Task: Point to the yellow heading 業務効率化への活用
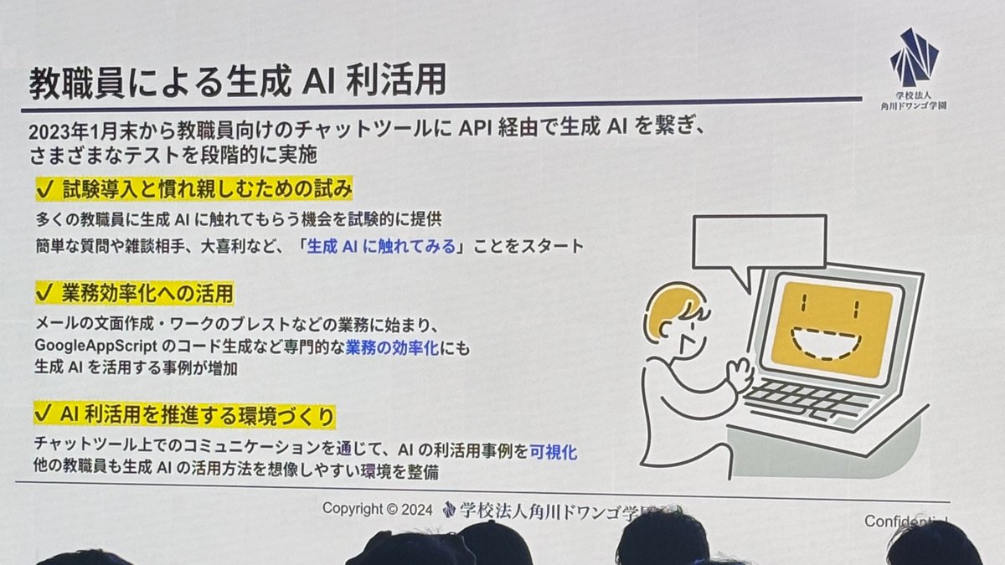[x=147, y=293]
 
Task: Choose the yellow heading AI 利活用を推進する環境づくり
[x=198, y=414]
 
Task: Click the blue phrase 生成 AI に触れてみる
[x=382, y=246]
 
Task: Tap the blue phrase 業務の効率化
[x=392, y=346]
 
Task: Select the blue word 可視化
[x=554, y=451]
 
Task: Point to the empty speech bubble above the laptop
[x=759, y=243]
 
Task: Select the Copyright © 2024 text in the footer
[x=377, y=509]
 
